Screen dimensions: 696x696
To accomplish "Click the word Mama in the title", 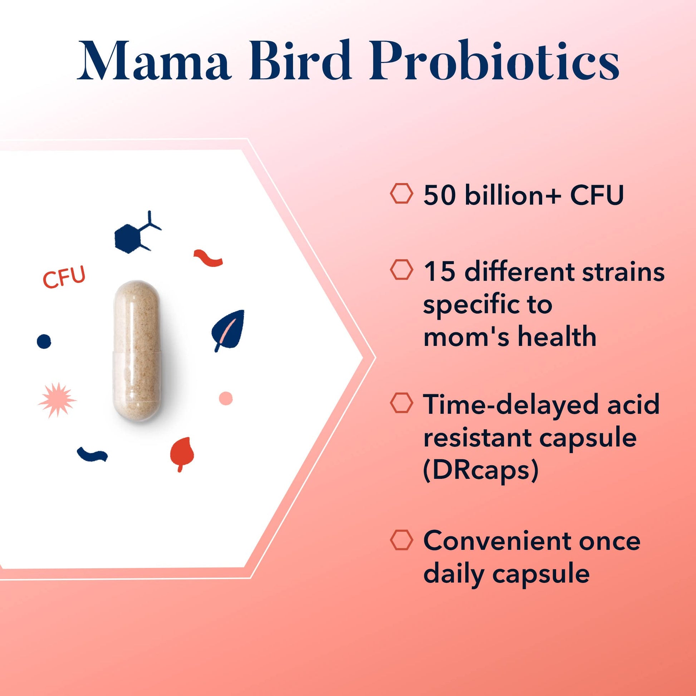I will (154, 61).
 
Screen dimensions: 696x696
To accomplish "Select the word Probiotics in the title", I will (494, 61).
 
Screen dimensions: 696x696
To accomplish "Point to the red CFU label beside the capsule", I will (64, 277).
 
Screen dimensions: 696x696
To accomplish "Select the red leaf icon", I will (182, 452).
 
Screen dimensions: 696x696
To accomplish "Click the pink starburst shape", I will (57, 400).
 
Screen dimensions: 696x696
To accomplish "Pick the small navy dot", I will (44, 341).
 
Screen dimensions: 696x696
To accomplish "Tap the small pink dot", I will (226, 398).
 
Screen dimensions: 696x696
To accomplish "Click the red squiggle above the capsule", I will (208, 258).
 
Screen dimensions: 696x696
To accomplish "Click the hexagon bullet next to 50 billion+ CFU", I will (401, 194).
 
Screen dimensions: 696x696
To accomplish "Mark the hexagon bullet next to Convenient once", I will (401, 540).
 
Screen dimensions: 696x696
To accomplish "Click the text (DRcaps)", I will (481, 470).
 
